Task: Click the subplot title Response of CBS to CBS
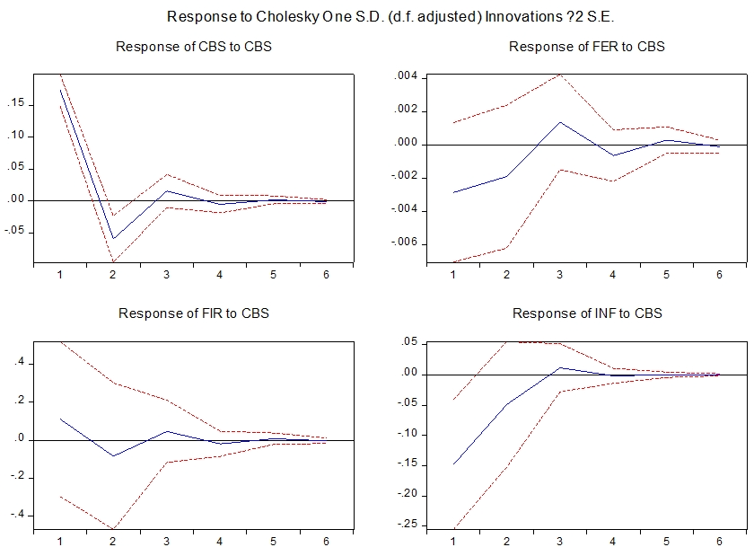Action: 194,47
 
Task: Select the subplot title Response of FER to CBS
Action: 587,47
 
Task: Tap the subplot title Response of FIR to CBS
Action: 194,313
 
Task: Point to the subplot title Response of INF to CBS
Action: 587,313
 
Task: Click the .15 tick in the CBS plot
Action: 16,104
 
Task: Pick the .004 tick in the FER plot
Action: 407,76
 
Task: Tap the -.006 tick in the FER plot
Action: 405,244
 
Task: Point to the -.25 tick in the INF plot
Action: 408,525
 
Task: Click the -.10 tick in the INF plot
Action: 408,435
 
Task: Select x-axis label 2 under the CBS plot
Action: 113,275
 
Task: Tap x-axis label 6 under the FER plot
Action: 719,275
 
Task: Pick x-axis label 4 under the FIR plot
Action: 221,542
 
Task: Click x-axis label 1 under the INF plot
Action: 453,542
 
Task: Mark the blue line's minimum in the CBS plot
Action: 113,239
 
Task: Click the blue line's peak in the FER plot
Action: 559,122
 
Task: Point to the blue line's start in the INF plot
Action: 453,464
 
